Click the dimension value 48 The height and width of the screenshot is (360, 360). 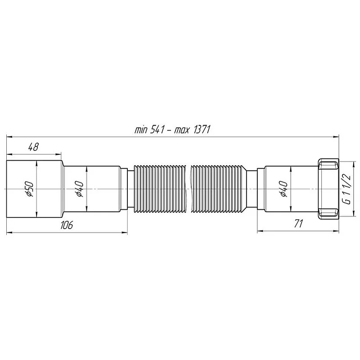pos(33,147)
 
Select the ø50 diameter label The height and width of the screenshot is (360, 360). pos(28,188)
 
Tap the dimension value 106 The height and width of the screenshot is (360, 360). pos(66,225)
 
